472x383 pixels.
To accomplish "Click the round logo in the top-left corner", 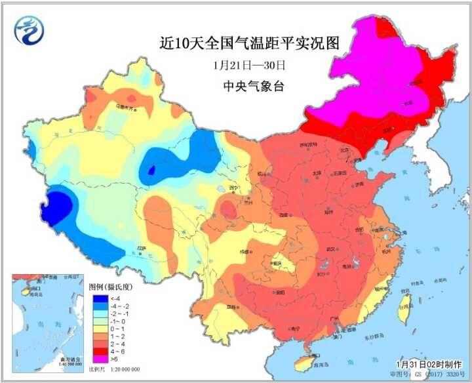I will [29, 30].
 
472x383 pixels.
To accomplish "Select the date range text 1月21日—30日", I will [250, 66].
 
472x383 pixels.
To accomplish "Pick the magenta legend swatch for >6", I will [100, 359].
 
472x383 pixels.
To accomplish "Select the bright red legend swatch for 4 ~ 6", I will [100, 351].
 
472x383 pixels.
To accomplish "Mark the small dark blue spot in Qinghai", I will [151, 171].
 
